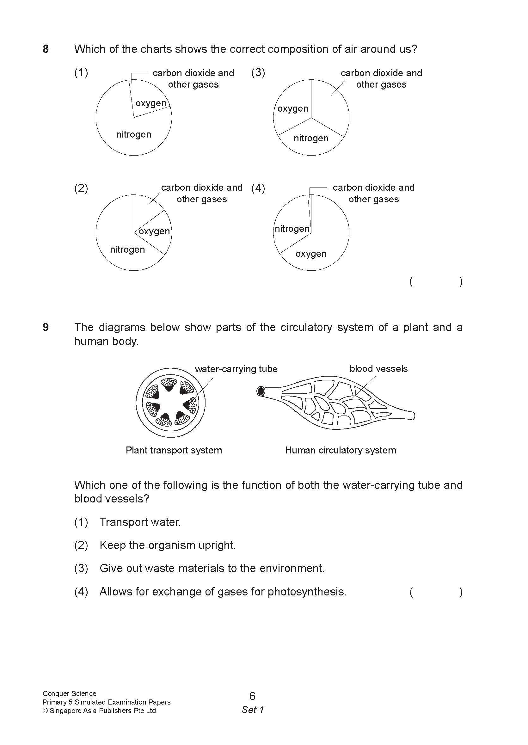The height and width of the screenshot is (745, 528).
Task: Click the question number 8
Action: (x=46, y=49)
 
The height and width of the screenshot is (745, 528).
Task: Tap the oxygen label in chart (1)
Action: (x=151, y=103)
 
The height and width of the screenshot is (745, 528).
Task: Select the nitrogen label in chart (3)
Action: (x=311, y=138)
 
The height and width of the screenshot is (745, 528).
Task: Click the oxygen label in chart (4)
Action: (x=311, y=254)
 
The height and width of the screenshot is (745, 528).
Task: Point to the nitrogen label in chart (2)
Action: (x=127, y=249)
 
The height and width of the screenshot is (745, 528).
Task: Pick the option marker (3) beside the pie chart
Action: (x=258, y=72)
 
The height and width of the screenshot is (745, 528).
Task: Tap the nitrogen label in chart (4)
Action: (x=292, y=229)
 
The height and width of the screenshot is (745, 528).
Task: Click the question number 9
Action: (x=46, y=327)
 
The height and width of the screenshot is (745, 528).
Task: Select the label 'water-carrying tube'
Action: (x=236, y=369)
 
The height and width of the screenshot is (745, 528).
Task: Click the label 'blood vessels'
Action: (x=378, y=369)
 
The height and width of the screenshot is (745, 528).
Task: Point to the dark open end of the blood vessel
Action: (x=261, y=391)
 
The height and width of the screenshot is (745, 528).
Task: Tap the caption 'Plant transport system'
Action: (x=174, y=450)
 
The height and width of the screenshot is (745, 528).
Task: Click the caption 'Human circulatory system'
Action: (x=341, y=450)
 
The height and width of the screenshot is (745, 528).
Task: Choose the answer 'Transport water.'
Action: (x=140, y=522)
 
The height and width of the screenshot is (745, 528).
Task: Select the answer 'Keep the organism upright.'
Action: (x=168, y=545)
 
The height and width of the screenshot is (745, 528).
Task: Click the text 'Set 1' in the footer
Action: (x=253, y=710)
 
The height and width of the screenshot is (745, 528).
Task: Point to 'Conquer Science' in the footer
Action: (x=69, y=694)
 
